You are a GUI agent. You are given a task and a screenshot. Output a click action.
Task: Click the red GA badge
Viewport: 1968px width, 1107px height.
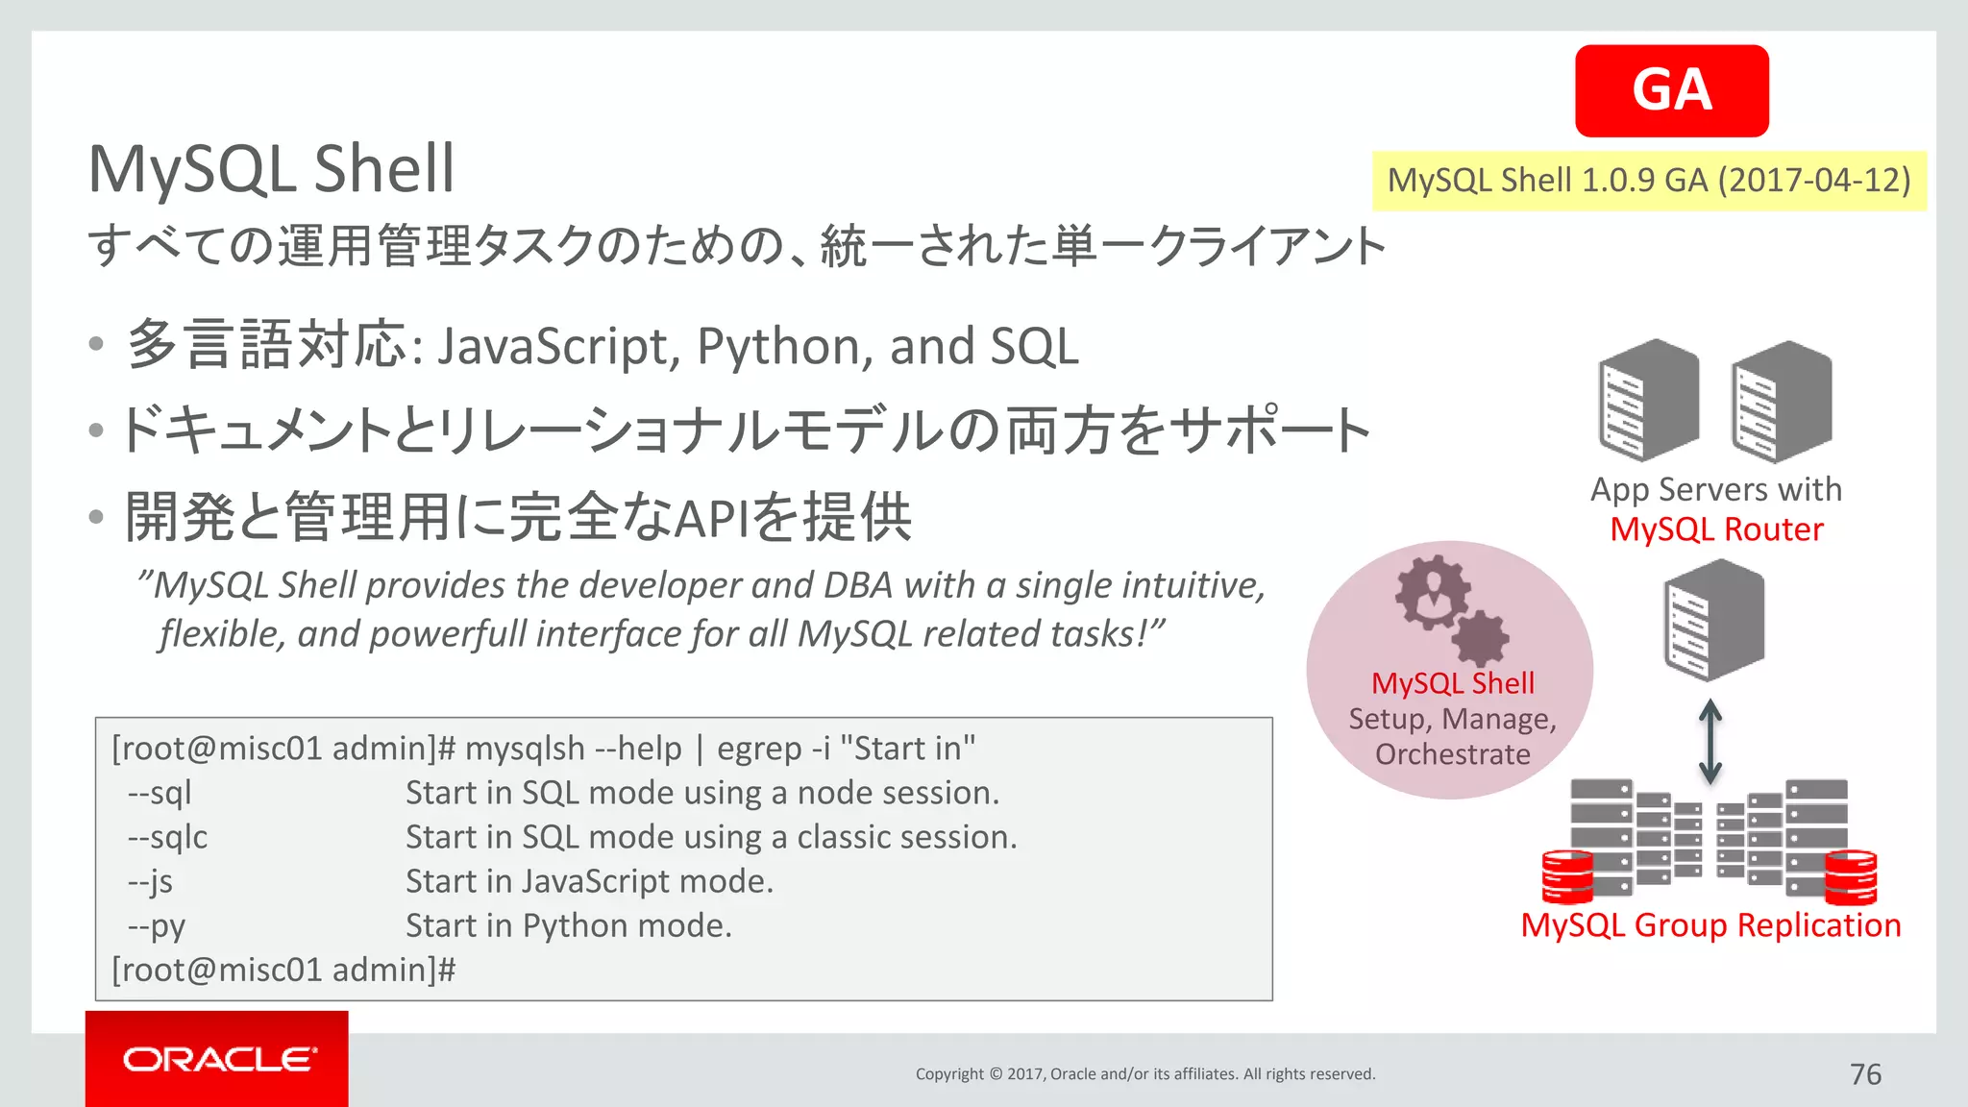click(x=1671, y=90)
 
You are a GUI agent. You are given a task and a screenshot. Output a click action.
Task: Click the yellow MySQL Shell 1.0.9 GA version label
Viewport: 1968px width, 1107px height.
click(x=1649, y=181)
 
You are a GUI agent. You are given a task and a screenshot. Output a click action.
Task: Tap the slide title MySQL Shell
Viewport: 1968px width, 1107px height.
click(x=271, y=169)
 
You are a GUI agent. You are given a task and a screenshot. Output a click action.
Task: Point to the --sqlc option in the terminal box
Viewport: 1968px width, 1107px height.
click(x=167, y=837)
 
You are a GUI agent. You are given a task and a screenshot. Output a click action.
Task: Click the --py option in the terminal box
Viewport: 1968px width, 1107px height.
click(x=157, y=925)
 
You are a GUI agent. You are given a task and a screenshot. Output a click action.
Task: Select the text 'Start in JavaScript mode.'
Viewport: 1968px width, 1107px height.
click(x=589, y=881)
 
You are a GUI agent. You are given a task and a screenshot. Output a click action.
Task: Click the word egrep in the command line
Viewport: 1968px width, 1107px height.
click(x=758, y=749)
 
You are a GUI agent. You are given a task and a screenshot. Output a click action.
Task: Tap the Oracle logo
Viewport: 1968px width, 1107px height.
click(x=218, y=1059)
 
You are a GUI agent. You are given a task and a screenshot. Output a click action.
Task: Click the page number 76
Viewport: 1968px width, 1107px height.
click(x=1865, y=1074)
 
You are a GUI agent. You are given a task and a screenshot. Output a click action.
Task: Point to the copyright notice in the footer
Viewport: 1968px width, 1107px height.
click(x=1144, y=1074)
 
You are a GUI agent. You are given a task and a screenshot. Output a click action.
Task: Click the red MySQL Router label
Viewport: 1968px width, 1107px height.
click(x=1716, y=529)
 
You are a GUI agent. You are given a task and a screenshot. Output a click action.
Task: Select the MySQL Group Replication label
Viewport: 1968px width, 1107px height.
click(x=1710, y=925)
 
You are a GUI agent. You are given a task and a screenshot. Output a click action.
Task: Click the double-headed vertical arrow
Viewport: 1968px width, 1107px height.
click(x=1710, y=741)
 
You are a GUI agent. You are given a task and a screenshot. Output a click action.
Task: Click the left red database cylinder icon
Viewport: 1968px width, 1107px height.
click(x=1566, y=876)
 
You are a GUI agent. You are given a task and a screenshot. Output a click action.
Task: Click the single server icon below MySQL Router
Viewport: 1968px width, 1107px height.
click(x=1713, y=621)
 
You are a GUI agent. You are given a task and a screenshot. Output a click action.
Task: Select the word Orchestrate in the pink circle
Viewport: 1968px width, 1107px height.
click(x=1452, y=754)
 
